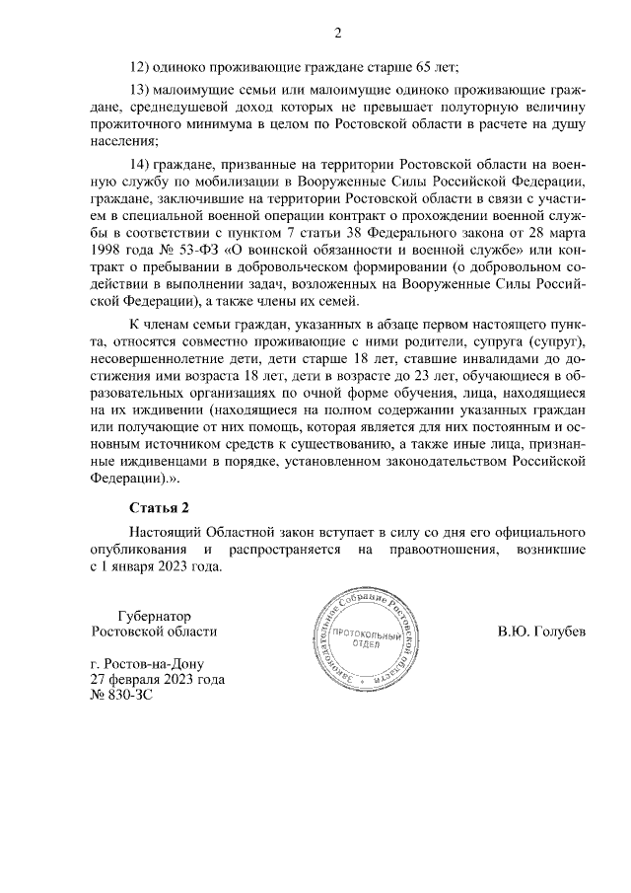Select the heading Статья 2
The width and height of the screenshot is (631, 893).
[159, 509]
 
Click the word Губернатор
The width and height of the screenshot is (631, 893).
[156, 613]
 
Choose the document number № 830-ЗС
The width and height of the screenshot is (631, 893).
[122, 697]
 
